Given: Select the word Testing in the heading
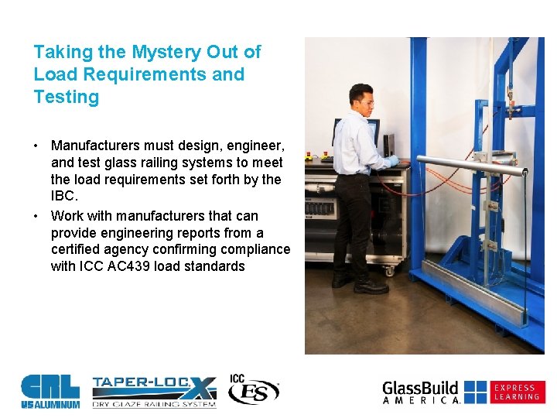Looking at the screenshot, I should pos(67,98).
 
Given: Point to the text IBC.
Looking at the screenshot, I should pos(64,197).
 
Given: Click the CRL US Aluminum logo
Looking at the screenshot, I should pos(50,391).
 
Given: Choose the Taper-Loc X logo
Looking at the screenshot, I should pos(154,392).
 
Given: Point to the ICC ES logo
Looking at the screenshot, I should pos(252,389).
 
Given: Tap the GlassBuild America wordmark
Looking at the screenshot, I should pos(422,392).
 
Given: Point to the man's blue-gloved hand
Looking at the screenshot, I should pos(394,162).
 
